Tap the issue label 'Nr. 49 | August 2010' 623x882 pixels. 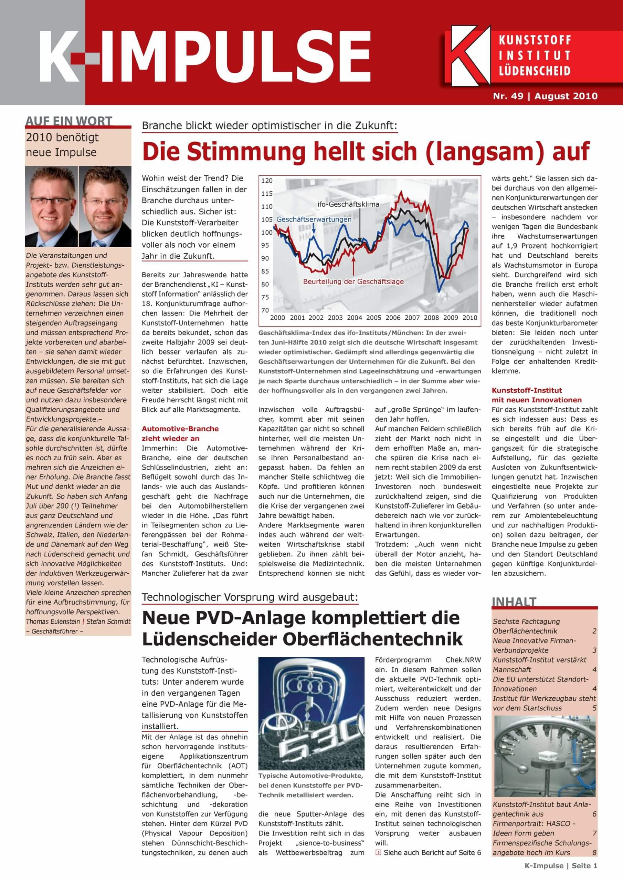[545, 96]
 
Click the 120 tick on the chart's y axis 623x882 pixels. [267, 181]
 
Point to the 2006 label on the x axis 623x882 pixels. [393, 318]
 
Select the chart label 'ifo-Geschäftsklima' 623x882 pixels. [348, 204]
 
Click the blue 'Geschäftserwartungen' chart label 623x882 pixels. [314, 219]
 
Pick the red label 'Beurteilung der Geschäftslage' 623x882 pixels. [353, 281]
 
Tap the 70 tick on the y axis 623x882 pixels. [265, 310]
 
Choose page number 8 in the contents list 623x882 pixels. [594, 853]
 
